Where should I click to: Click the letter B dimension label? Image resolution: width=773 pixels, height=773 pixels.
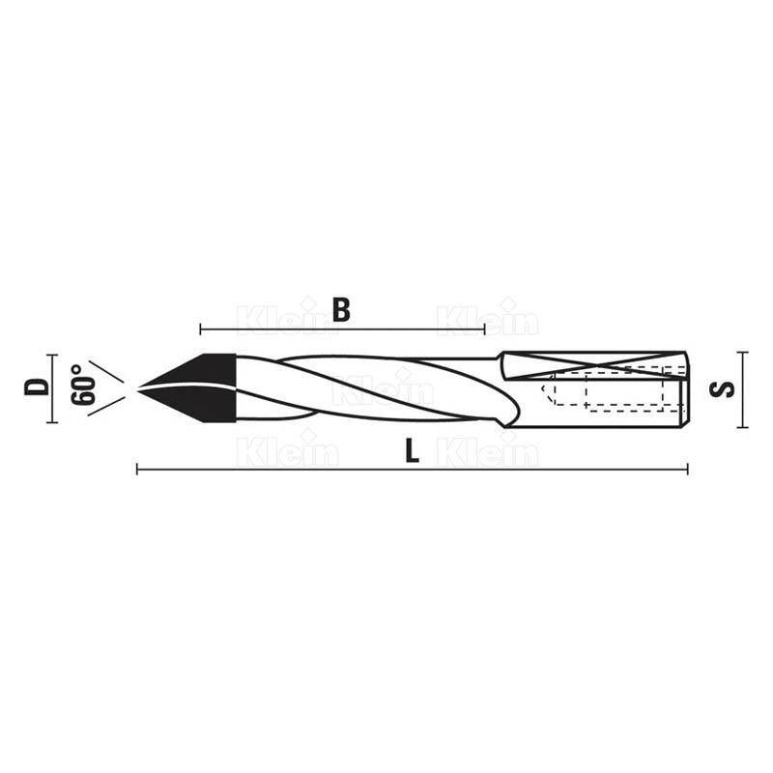pyautogui.click(x=341, y=309)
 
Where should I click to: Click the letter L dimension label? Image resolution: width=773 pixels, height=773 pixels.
pyautogui.click(x=412, y=450)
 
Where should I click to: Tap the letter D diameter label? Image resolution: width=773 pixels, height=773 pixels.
pyautogui.click(x=38, y=386)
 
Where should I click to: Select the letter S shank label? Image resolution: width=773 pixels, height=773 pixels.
pyautogui.click(x=722, y=389)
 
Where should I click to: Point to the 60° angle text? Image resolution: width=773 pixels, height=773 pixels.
pyautogui.click(x=82, y=386)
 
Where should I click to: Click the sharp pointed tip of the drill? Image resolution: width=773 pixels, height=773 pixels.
pyautogui.click(x=137, y=388)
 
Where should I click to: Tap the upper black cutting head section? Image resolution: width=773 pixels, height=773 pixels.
pyautogui.click(x=197, y=369)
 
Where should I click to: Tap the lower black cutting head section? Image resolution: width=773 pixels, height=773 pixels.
pyautogui.click(x=197, y=404)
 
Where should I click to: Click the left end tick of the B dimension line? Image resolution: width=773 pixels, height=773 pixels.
pyautogui.click(x=201, y=329)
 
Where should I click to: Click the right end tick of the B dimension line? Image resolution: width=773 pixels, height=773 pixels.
pyautogui.click(x=485, y=329)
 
